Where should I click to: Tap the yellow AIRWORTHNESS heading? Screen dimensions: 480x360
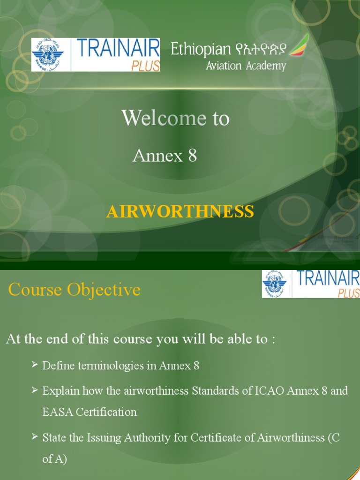[180, 211]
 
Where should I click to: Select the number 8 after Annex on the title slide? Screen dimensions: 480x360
[192, 156]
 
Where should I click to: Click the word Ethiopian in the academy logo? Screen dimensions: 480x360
[201, 49]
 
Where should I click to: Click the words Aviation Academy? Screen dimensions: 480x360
[246, 66]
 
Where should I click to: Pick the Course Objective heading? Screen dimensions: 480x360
[75, 290]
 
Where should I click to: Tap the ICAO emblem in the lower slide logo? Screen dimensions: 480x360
[276, 284]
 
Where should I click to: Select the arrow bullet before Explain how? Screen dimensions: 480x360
[35, 390]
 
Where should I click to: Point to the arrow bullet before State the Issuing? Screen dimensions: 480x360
[35, 436]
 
